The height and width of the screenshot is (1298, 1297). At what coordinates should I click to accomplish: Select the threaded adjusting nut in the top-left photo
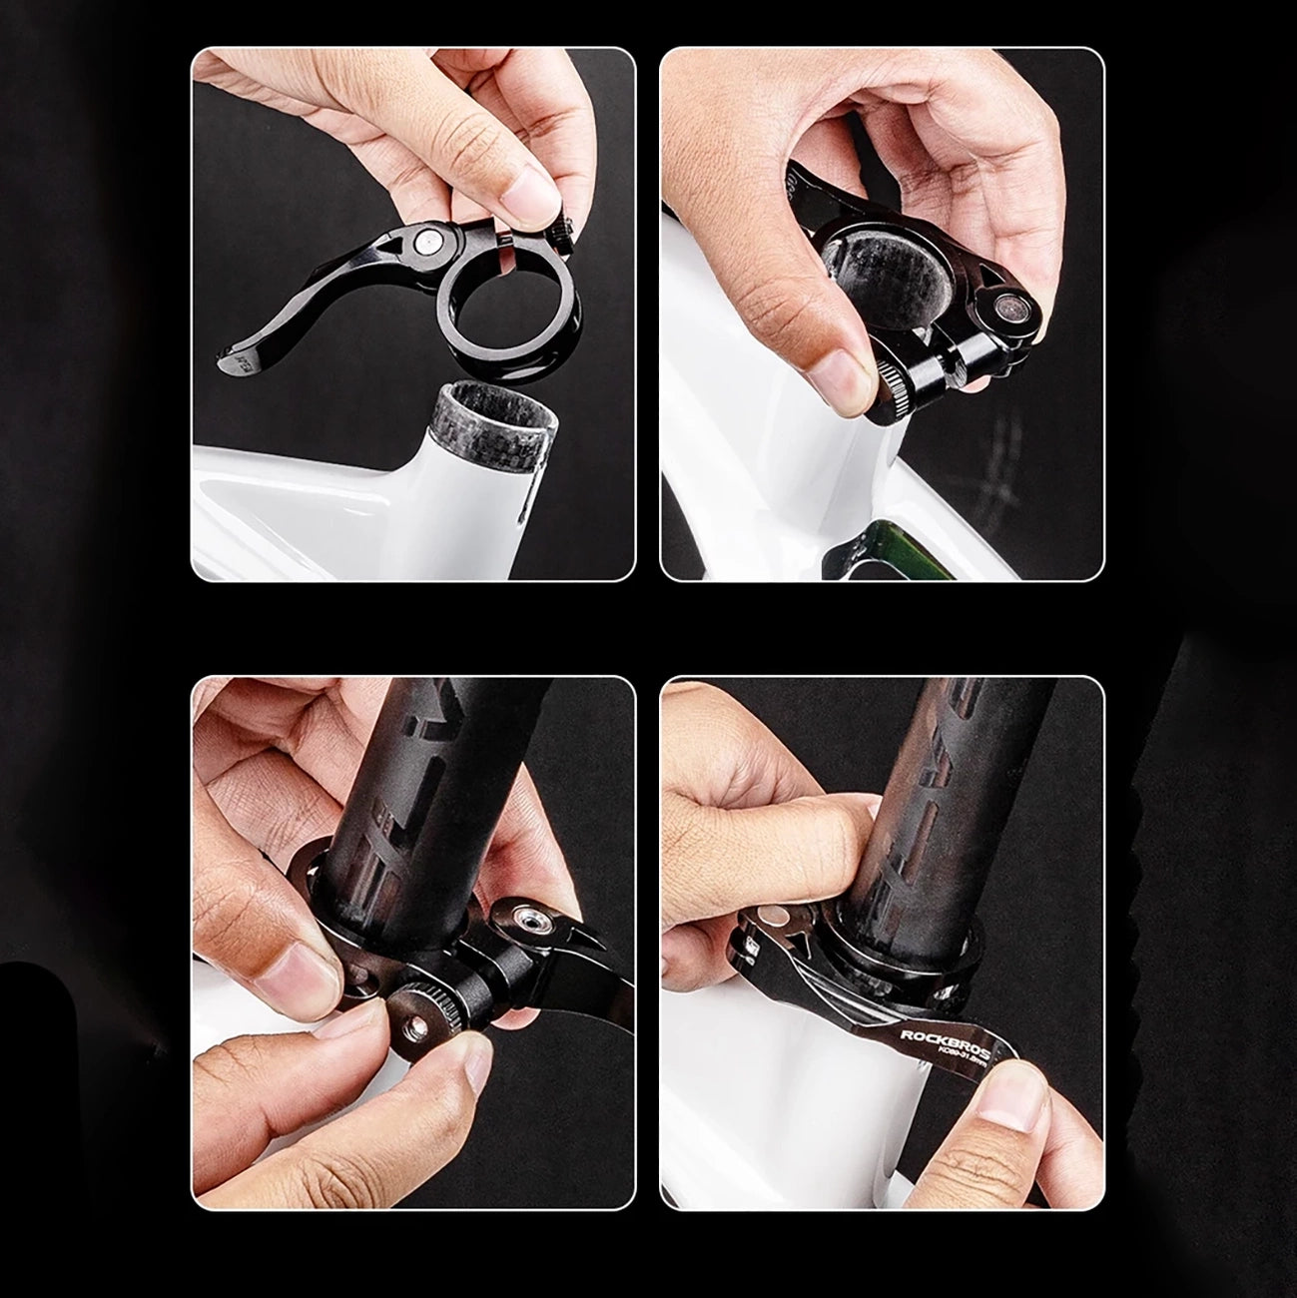coord(561,237)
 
